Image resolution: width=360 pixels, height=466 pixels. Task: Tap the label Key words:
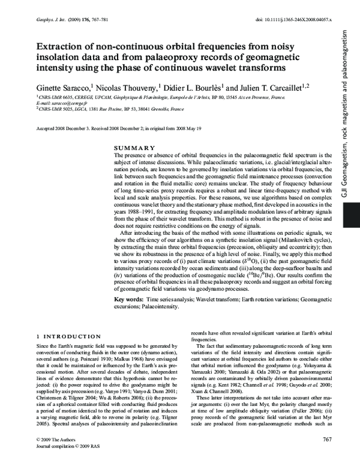[128, 298]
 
